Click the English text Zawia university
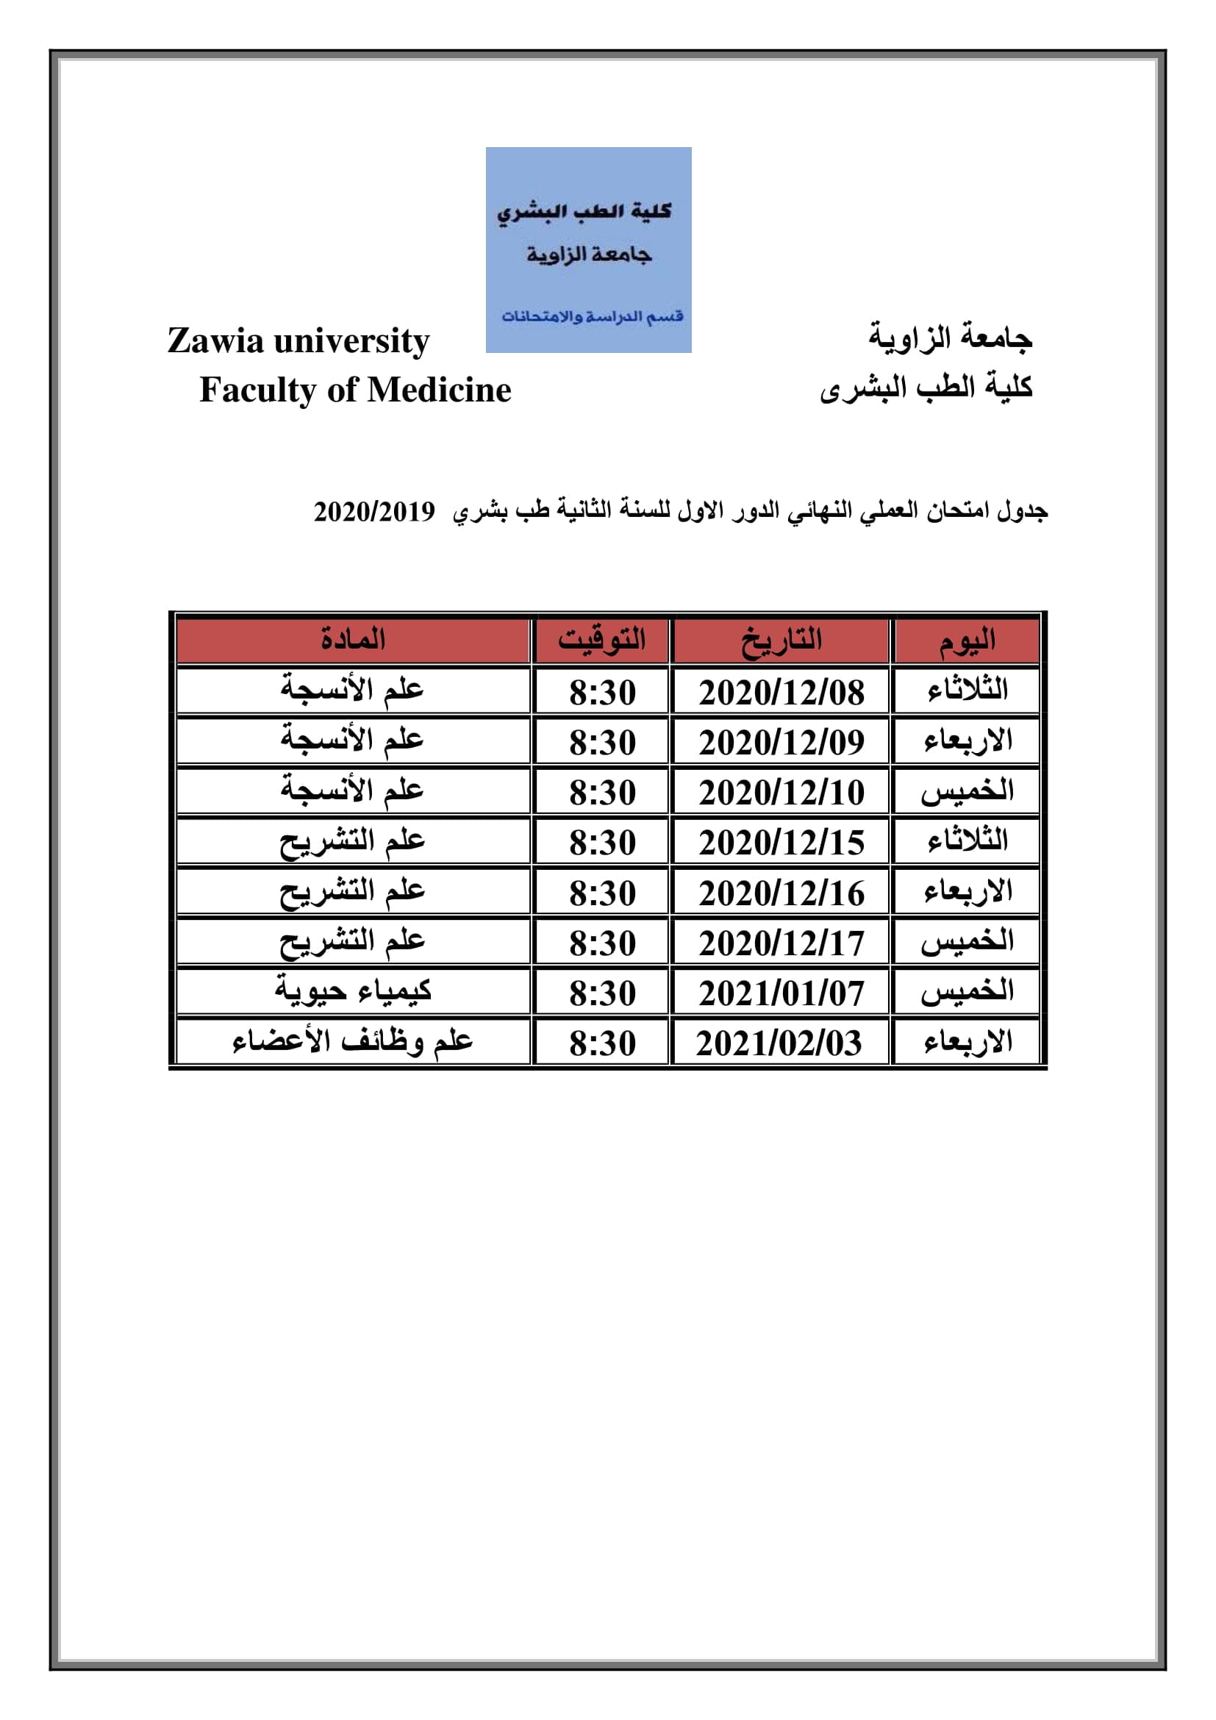pyautogui.click(x=298, y=341)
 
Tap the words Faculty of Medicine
pyautogui.click(x=355, y=390)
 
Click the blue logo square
pyautogui.click(x=589, y=249)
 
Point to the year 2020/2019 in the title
pyautogui.click(x=373, y=512)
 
